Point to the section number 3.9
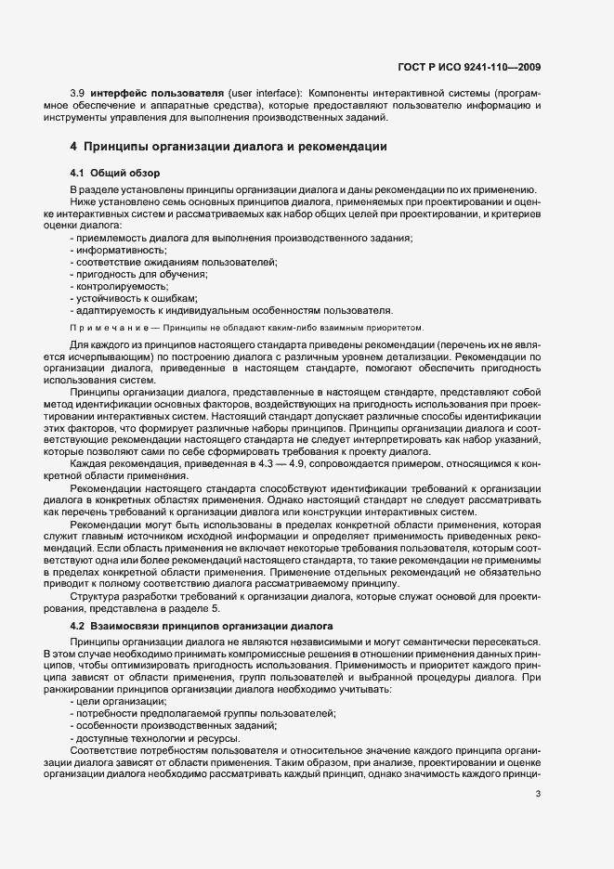(x=78, y=95)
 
